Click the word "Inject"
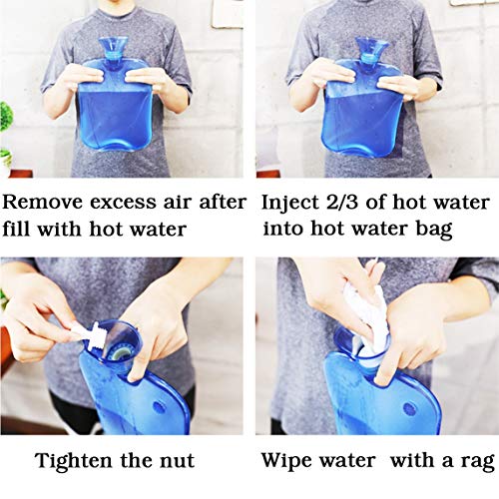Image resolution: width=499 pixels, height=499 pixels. tap(289, 203)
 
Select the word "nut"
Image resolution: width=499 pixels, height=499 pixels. tap(180, 463)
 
